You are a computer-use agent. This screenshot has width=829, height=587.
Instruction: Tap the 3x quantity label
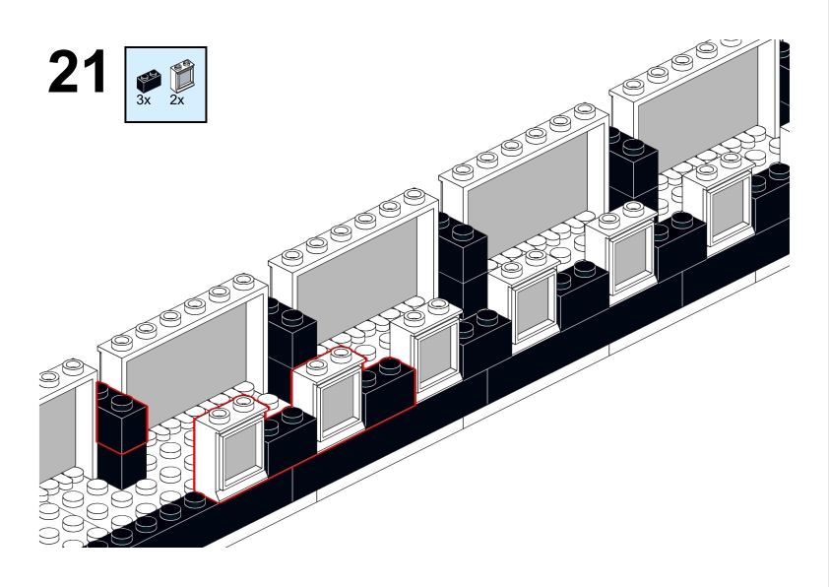click(144, 100)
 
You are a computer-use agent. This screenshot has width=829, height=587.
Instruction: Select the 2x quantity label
click(177, 100)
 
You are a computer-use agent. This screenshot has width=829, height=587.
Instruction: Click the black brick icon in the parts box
click(146, 81)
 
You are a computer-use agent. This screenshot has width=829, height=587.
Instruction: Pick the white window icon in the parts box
click(180, 77)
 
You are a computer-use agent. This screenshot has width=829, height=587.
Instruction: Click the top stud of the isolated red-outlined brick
click(121, 401)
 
